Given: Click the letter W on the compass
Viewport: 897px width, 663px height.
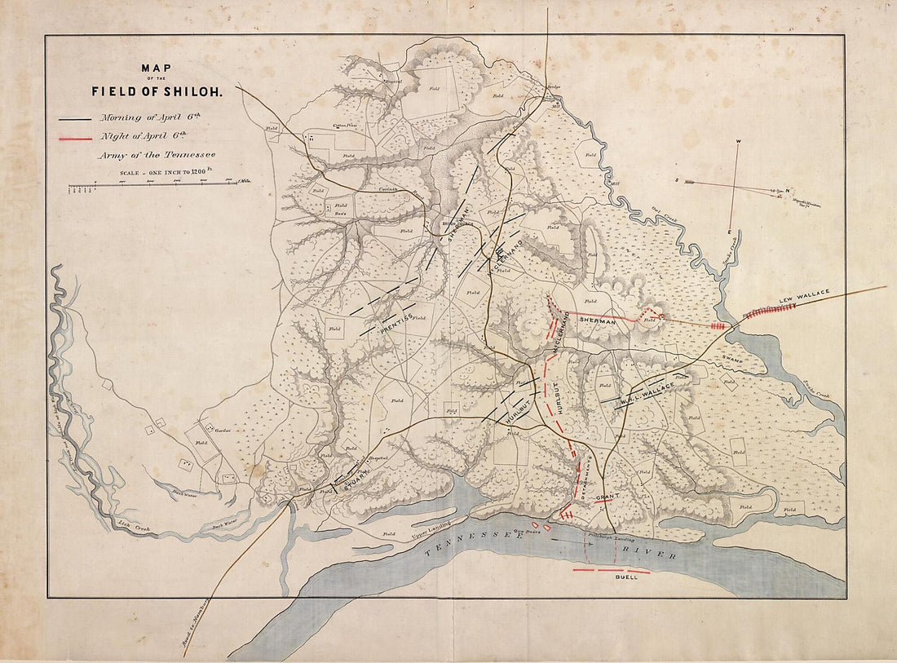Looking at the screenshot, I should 738,142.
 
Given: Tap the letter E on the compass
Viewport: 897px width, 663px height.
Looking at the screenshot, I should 729,232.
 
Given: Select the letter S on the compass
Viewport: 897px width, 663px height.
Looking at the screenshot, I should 676,179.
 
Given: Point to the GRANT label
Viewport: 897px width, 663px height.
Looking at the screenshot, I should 606,497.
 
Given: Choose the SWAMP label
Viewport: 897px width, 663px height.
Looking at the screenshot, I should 731,358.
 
